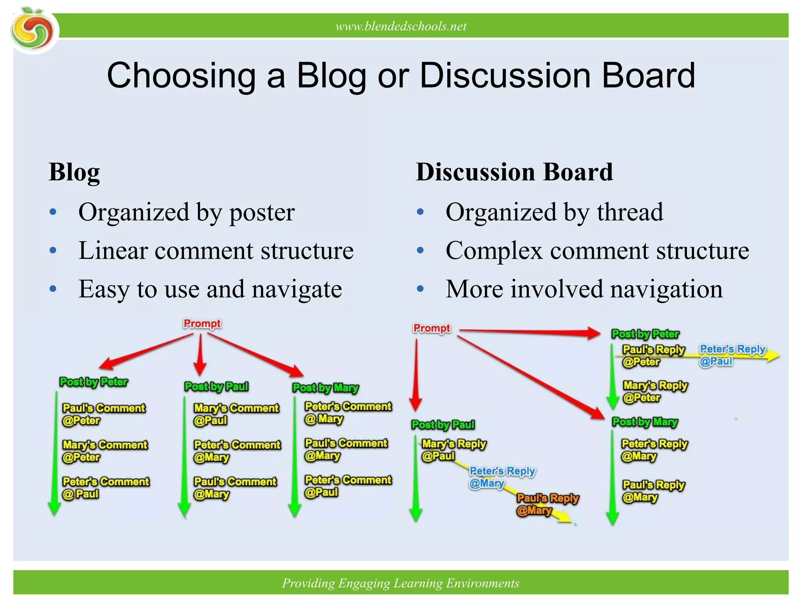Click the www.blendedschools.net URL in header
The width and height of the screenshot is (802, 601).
pyautogui.click(x=401, y=26)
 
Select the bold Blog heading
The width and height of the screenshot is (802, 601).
pyautogui.click(x=74, y=172)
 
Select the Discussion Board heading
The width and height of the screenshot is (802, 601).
pyautogui.click(x=514, y=172)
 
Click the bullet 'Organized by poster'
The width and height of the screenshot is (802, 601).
pyautogui.click(x=186, y=212)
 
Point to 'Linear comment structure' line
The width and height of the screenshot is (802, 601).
pyautogui.click(x=216, y=251)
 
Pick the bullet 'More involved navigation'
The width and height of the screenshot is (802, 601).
pyautogui.click(x=583, y=290)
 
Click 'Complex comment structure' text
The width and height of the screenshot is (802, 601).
pyautogui.click(x=597, y=251)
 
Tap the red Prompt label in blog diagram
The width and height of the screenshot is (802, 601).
pyautogui.click(x=202, y=324)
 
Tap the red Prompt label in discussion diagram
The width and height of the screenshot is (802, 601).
pyautogui.click(x=432, y=328)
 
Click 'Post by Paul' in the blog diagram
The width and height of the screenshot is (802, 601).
pyautogui.click(x=216, y=387)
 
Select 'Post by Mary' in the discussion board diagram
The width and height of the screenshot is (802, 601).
pyautogui.click(x=645, y=422)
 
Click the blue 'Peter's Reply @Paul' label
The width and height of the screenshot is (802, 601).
pyautogui.click(x=732, y=355)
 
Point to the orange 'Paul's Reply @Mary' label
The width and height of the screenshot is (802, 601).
pyautogui.click(x=547, y=504)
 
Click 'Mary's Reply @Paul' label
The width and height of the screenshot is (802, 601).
pyautogui.click(x=453, y=450)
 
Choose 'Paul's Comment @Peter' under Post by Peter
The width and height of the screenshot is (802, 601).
pyautogui.click(x=103, y=414)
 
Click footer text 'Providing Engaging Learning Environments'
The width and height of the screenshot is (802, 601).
pyautogui.click(x=401, y=583)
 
